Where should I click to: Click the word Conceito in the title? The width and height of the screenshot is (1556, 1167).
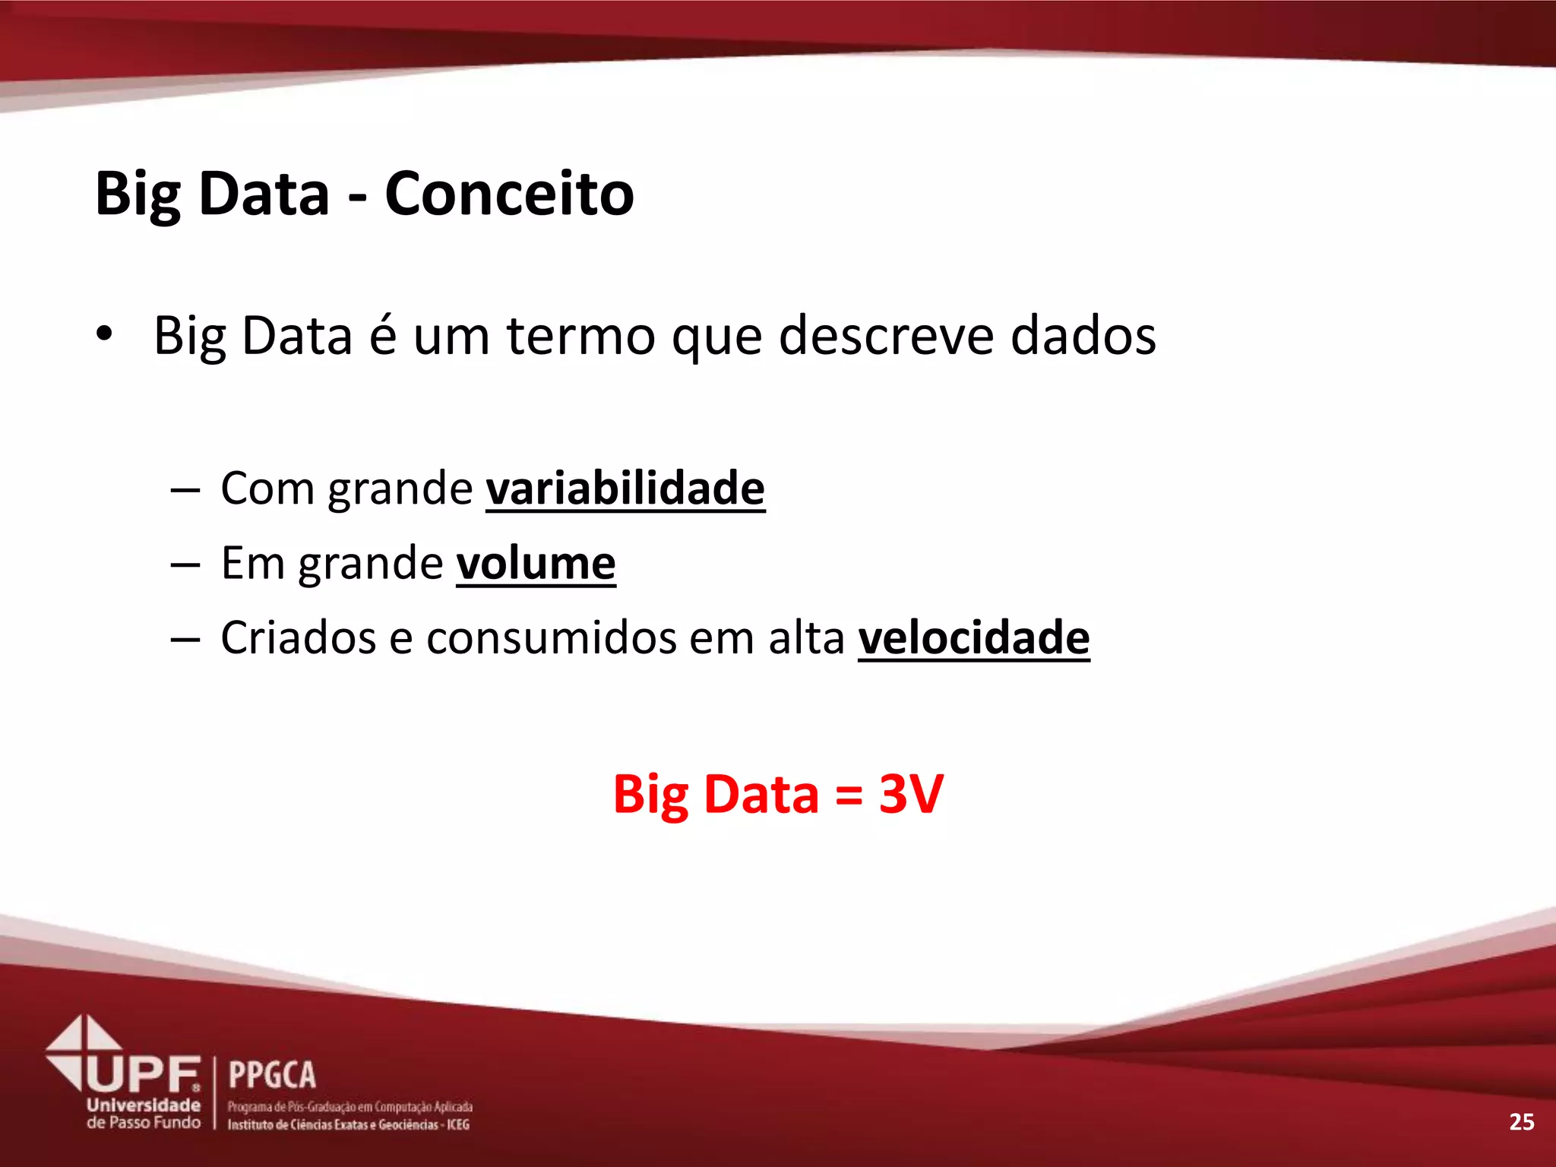[x=508, y=194]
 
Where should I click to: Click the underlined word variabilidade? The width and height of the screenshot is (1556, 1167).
[x=625, y=488]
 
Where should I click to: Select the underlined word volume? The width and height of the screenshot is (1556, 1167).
[x=536, y=563]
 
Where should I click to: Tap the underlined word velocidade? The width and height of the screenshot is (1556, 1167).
[x=973, y=637]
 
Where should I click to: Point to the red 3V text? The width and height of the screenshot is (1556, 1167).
[x=911, y=794]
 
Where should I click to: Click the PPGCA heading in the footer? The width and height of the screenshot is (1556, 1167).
[x=272, y=1076]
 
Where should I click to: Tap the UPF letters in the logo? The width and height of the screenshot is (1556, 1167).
[x=143, y=1074]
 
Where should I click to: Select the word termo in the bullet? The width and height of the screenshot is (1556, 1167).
[x=580, y=335]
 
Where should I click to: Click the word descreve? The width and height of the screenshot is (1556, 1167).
[x=886, y=335]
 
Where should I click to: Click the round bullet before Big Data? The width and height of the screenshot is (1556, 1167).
[x=104, y=334]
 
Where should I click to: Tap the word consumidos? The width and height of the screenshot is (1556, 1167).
[x=551, y=637]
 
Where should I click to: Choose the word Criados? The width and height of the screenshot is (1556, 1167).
[x=298, y=637]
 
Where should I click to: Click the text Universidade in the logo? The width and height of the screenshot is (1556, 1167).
[x=144, y=1105]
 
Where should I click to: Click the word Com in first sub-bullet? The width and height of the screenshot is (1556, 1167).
[x=266, y=488]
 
